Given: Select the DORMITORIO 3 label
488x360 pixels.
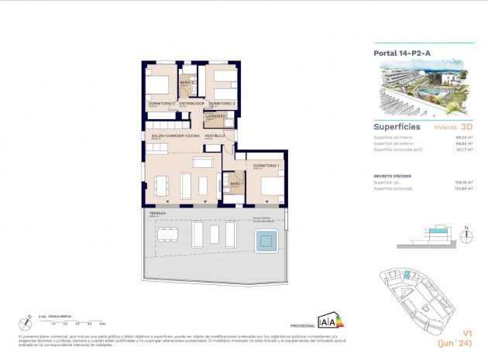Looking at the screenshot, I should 222,103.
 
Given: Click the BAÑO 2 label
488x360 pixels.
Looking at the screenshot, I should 187,82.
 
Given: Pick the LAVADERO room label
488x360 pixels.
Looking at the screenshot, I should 215,116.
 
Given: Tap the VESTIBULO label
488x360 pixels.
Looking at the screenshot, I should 215,135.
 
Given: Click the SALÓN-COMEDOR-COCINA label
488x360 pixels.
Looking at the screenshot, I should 177,135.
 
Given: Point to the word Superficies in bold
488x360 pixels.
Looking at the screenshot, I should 397,125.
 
